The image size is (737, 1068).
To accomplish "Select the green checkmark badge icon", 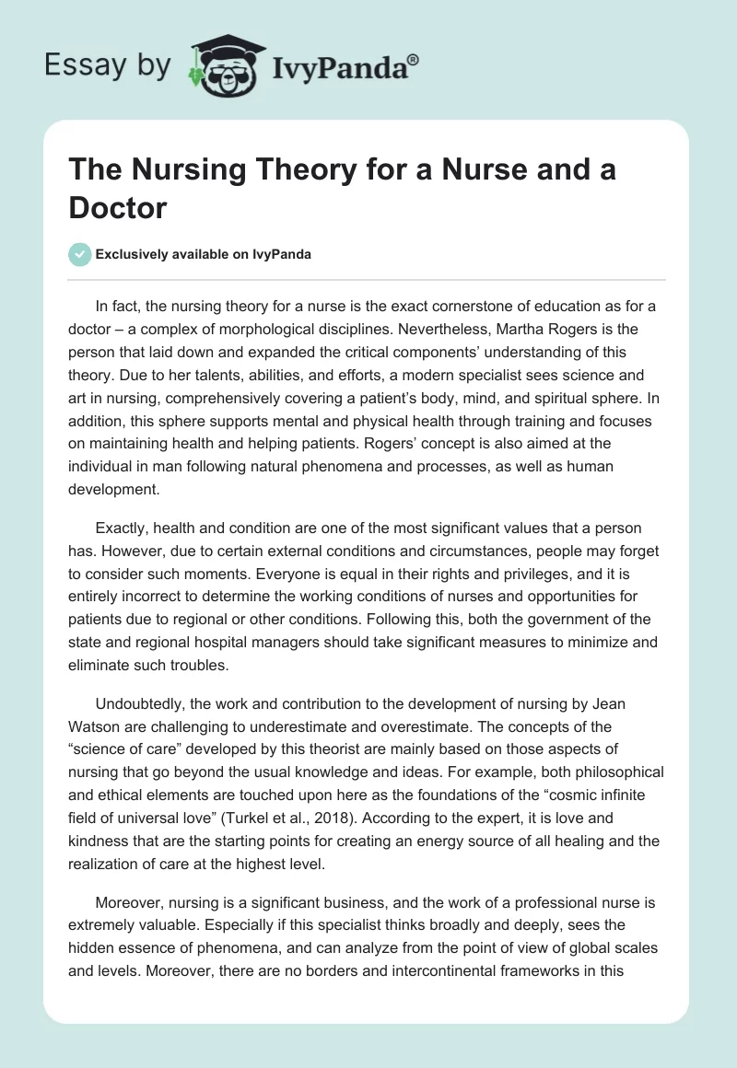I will point(80,254).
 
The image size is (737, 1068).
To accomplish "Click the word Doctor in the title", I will point(118,207).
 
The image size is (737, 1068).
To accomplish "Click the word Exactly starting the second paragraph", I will point(122,528).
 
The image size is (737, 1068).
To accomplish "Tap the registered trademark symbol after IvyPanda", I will point(415,59).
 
